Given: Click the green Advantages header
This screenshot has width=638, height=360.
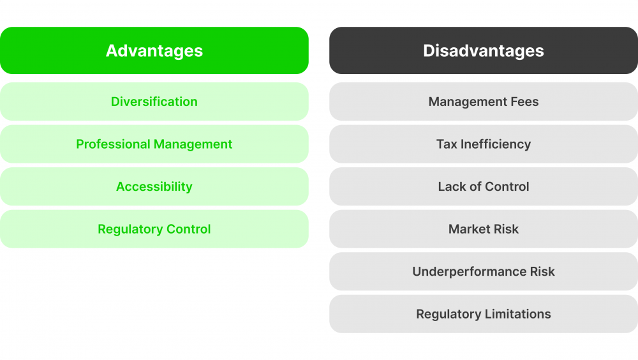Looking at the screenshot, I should (154, 50).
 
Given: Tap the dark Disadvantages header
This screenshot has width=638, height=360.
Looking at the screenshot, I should (484, 50).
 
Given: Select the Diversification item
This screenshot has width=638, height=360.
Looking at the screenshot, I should (154, 101).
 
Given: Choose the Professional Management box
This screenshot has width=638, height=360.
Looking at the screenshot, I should (154, 144).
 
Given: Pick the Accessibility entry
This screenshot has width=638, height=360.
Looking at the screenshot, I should (154, 186).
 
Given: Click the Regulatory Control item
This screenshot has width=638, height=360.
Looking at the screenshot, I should (154, 229).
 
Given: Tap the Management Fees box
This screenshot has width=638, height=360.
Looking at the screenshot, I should (484, 101).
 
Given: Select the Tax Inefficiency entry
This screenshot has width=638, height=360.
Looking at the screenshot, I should (484, 144).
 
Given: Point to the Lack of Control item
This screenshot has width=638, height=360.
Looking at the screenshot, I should (484, 186).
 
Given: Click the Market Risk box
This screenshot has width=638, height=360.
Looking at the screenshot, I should (484, 229).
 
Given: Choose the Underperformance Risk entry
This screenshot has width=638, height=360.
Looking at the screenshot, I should (484, 271).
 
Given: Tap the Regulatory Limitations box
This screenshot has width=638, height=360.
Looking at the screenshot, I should (484, 314).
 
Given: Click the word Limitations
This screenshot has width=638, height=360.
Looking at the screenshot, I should (517, 314).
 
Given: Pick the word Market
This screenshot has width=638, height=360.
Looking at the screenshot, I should (469, 229).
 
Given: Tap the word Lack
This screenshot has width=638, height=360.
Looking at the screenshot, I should (451, 186).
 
